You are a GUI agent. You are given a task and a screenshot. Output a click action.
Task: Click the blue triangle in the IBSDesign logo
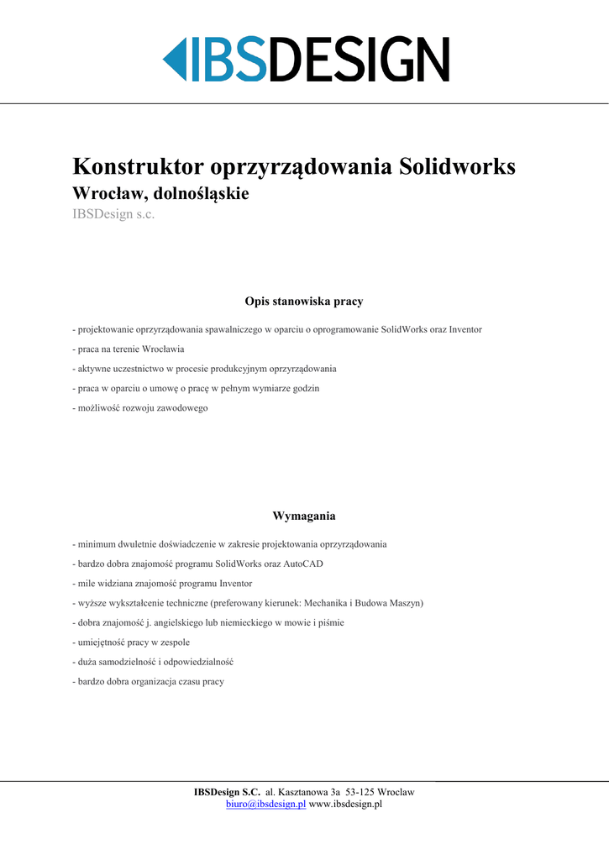point(175,60)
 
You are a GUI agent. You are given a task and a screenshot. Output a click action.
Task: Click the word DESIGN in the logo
point(359,60)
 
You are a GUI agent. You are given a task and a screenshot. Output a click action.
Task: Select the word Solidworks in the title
point(457,166)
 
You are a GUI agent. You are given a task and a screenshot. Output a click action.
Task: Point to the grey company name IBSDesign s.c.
point(113,215)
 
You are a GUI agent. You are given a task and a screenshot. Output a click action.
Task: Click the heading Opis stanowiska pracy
point(304,301)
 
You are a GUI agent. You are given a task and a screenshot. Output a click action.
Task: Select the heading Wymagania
point(304,516)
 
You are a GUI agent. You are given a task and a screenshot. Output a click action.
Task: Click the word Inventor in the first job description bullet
point(465,329)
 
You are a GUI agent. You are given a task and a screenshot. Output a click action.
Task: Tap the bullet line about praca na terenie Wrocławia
point(129,349)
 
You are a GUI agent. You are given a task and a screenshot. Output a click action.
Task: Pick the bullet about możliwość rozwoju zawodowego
point(140,408)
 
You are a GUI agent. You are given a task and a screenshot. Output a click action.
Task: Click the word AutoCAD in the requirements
point(304,564)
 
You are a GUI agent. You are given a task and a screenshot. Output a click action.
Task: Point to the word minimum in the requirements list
point(96,544)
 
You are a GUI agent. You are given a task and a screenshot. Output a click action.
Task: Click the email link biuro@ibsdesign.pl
point(265,805)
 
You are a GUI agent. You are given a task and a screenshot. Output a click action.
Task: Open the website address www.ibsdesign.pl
point(346,805)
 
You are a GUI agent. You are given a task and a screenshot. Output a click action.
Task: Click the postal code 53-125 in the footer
point(360,792)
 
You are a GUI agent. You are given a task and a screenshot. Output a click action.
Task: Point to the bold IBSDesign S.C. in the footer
point(227,792)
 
